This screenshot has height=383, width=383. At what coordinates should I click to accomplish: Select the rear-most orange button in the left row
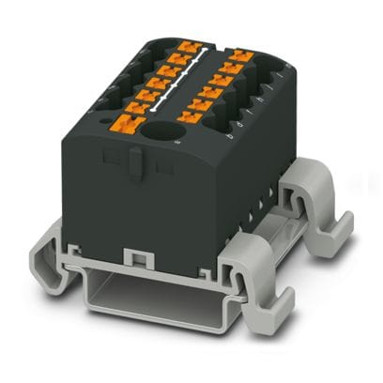[x=191, y=45]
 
